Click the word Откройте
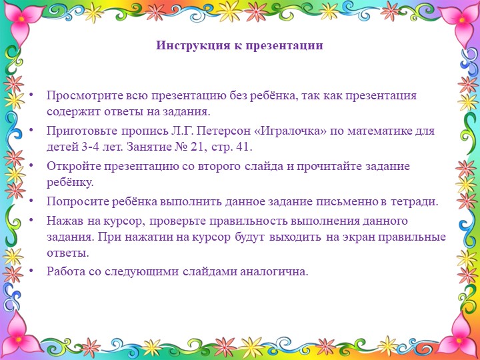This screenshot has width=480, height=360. pyautogui.click(x=72, y=166)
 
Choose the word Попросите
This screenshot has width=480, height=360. pyautogui.click(x=75, y=201)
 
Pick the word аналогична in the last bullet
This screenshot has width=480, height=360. pyautogui.click(x=275, y=271)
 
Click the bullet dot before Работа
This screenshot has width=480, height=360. pyautogui.click(x=32, y=271)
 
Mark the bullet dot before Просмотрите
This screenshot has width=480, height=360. pyautogui.click(x=32, y=95)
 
